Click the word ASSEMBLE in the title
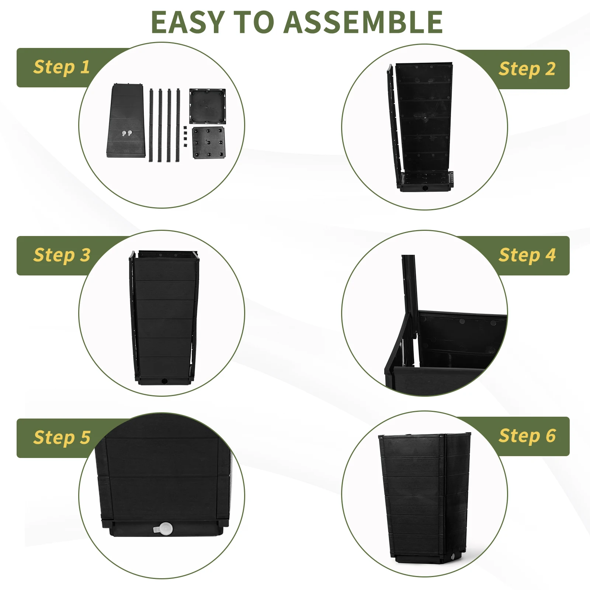pyautogui.click(x=363, y=22)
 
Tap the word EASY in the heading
pyautogui.click(x=188, y=22)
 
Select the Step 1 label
pyautogui.click(x=62, y=67)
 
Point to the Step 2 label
pyautogui.click(x=527, y=69)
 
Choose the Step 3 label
pyautogui.click(x=62, y=255)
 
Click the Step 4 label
pyautogui.click(x=527, y=255)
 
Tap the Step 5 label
pyautogui.click(x=62, y=438)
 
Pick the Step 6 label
pyautogui.click(x=527, y=436)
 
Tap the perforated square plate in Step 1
pyautogui.click(x=208, y=143)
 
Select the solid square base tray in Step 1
pyautogui.click(x=207, y=106)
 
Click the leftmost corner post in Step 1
pyautogui.click(x=151, y=125)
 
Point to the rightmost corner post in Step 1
pyautogui.click(x=178, y=125)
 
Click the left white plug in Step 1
pyautogui.click(x=124, y=133)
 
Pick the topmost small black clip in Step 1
pyautogui.click(x=185, y=128)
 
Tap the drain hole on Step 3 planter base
pyautogui.click(x=164, y=381)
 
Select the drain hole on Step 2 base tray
pyautogui.click(x=425, y=188)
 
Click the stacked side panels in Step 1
pyautogui.click(x=125, y=121)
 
